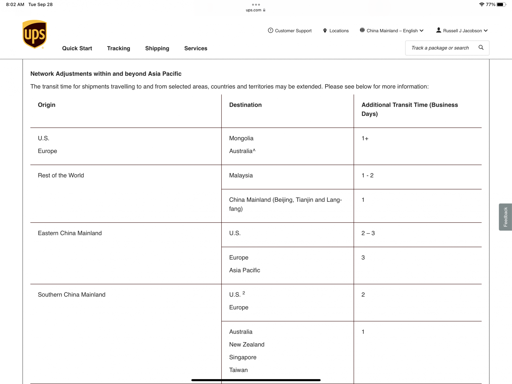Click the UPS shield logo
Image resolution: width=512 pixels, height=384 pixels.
click(x=35, y=34)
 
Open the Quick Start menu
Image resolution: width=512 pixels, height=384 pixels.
click(x=77, y=48)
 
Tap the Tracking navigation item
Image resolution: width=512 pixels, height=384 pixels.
click(x=119, y=48)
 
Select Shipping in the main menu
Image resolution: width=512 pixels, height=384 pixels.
click(x=157, y=48)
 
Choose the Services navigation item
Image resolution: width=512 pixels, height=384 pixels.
click(x=196, y=48)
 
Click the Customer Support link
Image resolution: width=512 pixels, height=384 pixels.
click(x=290, y=31)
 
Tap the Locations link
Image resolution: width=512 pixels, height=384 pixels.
click(x=336, y=31)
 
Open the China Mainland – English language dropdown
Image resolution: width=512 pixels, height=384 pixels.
click(x=392, y=31)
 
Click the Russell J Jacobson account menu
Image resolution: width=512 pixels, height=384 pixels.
click(x=462, y=31)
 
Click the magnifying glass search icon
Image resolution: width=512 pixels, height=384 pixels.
click(x=481, y=48)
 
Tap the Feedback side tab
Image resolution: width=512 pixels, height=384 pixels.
click(x=505, y=217)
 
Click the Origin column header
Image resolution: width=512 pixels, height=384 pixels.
click(x=47, y=105)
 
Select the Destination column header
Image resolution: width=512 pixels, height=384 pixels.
click(x=245, y=105)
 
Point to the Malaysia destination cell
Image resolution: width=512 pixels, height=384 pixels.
click(x=241, y=175)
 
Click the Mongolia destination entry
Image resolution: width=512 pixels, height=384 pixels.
click(x=241, y=138)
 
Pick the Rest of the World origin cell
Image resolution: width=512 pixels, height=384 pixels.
click(x=61, y=175)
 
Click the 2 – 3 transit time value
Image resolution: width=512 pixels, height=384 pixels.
click(x=368, y=233)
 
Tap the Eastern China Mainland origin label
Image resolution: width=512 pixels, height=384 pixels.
click(x=70, y=233)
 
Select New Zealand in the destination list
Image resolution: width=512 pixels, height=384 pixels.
click(x=247, y=345)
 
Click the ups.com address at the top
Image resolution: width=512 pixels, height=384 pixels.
click(x=254, y=10)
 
